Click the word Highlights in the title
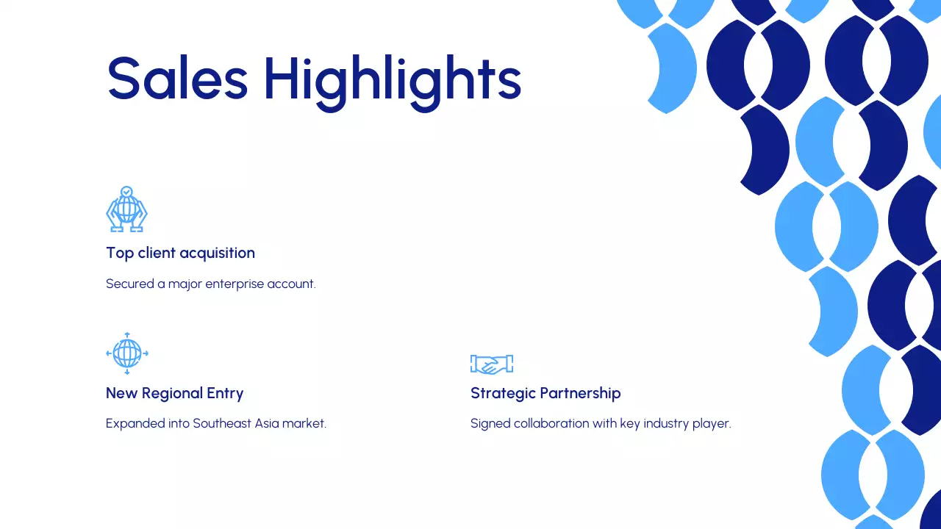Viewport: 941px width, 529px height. click(x=392, y=79)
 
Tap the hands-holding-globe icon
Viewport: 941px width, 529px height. click(x=126, y=209)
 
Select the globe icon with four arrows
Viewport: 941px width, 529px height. click(x=127, y=353)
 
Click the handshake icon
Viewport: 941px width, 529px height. click(x=491, y=364)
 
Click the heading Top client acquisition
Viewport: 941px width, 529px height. click(x=180, y=253)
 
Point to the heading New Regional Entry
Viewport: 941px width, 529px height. click(x=174, y=393)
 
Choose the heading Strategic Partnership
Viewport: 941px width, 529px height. click(x=545, y=393)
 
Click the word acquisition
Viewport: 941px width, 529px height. click(x=218, y=253)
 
